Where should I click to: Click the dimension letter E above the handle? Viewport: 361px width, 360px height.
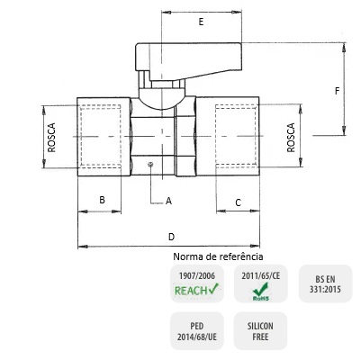pos(201,22)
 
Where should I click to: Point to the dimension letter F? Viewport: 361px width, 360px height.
pos(338,91)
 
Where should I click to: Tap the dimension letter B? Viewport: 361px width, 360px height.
pos(102,200)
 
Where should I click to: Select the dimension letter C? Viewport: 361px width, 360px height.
pos(238,202)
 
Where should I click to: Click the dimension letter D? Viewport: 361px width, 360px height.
pos(171,237)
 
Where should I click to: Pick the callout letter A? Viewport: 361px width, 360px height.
pos(168,201)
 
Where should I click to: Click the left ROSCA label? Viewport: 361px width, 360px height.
pos(51,137)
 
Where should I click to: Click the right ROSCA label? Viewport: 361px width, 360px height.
pos(291,138)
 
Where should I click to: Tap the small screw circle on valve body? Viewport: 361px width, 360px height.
pos(150,164)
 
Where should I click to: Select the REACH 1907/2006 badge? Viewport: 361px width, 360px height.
pos(197,283)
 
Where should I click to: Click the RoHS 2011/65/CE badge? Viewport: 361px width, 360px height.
pos(261,283)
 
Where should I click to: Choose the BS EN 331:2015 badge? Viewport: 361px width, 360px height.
pos(325,283)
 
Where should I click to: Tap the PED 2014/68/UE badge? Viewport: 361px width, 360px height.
pos(197,331)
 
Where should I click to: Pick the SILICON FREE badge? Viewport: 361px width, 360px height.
pos(260,331)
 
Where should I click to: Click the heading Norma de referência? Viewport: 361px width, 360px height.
pos(218,256)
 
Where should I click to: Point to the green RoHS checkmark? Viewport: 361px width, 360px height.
pos(260,289)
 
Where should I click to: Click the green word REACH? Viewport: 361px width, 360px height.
pos(191,291)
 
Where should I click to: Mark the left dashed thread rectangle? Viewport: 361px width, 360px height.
pos(101,136)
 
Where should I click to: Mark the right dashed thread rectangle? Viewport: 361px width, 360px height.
pos(237,136)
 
